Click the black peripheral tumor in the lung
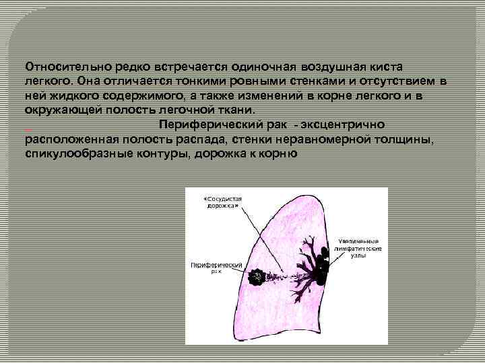click(257, 276)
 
